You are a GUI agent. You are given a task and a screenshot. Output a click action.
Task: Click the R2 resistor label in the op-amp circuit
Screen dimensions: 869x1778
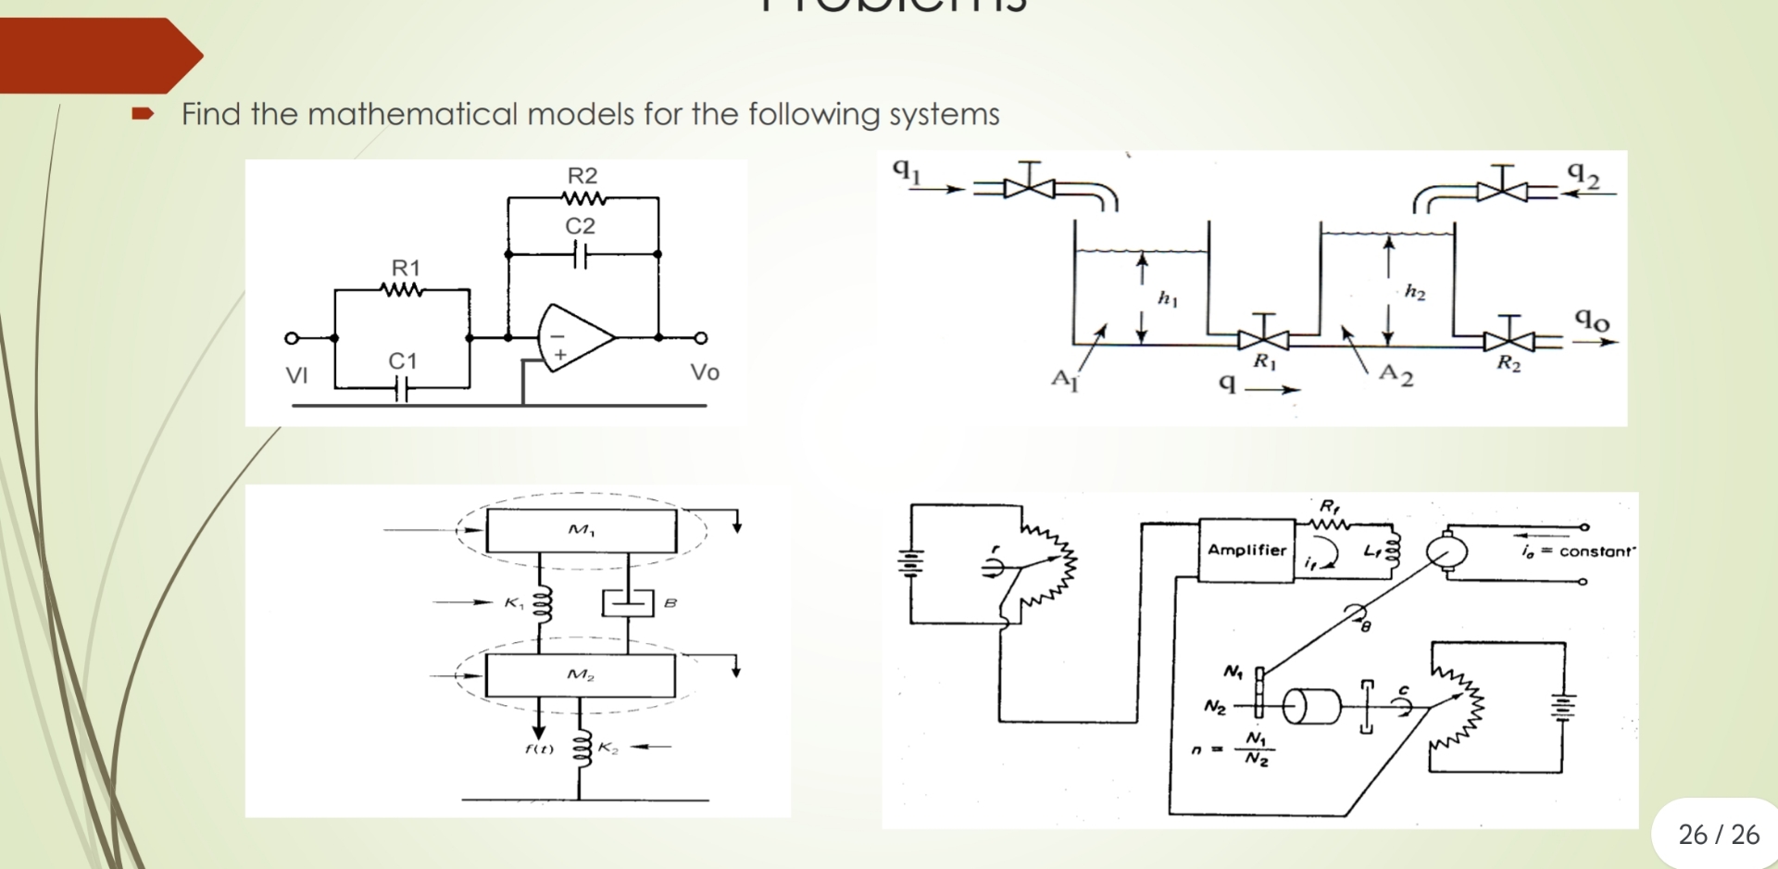(582, 175)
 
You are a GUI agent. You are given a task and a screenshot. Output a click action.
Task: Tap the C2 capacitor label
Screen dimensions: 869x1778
(580, 225)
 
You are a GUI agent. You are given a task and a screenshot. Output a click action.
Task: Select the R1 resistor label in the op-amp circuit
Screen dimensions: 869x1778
(406, 268)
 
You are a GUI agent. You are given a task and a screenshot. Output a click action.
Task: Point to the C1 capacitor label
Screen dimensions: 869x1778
(402, 360)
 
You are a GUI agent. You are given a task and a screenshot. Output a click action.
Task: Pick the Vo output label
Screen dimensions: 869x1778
(705, 372)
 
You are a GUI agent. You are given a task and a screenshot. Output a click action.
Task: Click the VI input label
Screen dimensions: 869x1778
(296, 375)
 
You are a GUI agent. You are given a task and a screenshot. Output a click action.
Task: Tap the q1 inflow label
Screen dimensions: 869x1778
(907, 170)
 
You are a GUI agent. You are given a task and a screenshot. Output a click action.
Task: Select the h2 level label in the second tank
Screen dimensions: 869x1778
(1414, 293)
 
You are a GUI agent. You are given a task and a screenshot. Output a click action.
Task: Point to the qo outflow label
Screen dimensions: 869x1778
(1592, 320)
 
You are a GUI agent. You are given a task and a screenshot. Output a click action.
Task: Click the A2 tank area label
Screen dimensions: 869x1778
(1396, 375)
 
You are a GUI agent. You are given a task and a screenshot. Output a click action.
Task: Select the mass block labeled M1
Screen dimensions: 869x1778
(582, 531)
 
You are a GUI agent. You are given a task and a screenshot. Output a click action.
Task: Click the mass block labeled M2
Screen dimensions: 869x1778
(580, 675)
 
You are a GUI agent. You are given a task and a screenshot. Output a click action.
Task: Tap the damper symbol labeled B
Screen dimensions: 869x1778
(628, 603)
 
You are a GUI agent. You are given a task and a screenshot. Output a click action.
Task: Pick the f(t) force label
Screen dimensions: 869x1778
(539, 749)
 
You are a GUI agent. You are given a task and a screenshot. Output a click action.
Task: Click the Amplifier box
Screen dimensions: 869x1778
(1246, 550)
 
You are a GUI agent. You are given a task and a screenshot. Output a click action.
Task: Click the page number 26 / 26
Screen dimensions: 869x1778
(1719, 835)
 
